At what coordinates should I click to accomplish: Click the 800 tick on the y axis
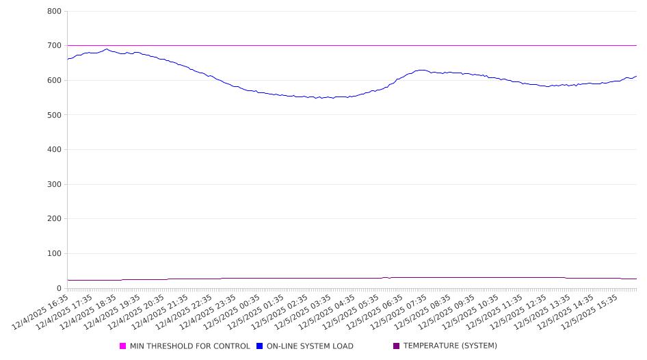(54, 12)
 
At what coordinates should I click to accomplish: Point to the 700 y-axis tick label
(54, 46)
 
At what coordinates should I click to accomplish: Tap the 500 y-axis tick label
(54, 115)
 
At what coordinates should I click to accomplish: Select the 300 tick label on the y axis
(54, 185)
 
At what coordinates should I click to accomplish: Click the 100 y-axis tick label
(54, 254)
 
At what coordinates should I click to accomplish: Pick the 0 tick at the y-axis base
(59, 289)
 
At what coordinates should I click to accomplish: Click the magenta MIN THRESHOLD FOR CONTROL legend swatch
(123, 346)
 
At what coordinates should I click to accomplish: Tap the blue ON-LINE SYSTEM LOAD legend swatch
(260, 346)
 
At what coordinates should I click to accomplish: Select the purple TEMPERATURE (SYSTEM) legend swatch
(396, 346)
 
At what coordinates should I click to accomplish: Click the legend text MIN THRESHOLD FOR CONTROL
(189, 346)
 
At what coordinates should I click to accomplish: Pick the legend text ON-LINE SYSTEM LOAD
(310, 346)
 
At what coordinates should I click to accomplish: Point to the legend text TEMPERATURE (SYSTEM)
(450, 346)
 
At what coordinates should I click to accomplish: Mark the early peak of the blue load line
(107, 49)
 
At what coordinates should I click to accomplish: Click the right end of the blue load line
(636, 76)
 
